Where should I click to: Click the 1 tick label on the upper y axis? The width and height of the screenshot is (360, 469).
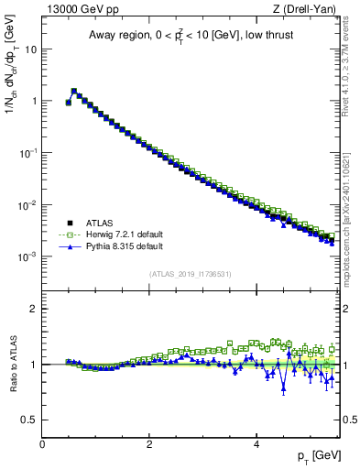click(34, 102)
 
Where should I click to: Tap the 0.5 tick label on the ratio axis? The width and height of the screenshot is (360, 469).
click(29, 420)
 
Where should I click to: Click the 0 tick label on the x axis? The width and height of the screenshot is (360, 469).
click(42, 444)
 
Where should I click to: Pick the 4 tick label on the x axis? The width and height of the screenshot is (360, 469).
click(256, 444)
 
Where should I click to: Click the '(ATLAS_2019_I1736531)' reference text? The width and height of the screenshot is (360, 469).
click(191, 274)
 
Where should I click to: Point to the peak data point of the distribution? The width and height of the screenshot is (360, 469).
click(73, 91)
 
